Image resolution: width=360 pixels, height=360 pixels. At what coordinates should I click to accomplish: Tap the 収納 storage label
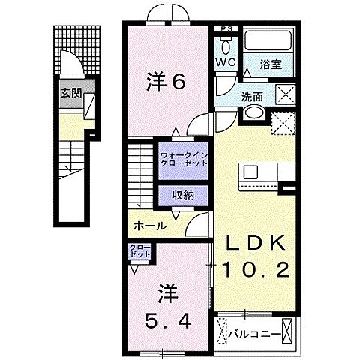183,194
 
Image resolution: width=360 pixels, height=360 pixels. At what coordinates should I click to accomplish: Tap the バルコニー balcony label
260,330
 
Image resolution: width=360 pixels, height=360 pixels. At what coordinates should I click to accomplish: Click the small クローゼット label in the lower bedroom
140,250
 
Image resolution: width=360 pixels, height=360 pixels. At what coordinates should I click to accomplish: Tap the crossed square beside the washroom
286,94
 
